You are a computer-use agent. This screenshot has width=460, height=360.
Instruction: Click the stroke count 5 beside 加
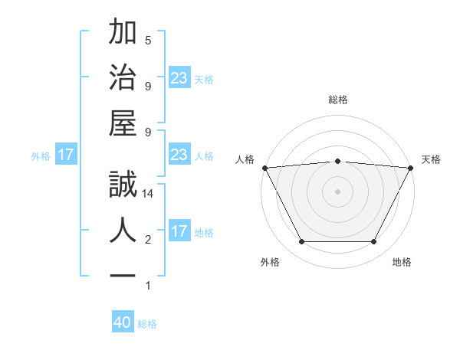coord(148,40)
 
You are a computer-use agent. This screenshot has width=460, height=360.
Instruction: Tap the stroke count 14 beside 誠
coord(149,194)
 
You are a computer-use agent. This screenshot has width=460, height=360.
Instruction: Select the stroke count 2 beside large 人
coord(148,240)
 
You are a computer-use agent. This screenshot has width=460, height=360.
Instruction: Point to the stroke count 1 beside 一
coord(148,286)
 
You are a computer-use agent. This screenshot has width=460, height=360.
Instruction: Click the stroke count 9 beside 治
coord(148,86)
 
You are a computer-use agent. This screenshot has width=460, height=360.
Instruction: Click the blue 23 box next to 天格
coord(179,78)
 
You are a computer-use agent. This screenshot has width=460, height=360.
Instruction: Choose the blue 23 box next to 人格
coord(179,155)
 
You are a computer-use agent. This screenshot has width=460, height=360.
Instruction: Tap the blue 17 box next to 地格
coord(179,231)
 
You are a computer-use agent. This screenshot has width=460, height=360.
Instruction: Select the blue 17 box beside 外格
coord(66,155)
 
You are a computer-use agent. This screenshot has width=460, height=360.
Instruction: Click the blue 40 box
coord(123,322)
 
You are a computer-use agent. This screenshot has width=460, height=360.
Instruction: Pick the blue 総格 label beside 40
coord(147,324)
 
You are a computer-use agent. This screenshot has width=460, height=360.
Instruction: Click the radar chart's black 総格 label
coord(337,100)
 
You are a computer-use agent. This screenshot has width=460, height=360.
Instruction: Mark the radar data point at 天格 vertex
coord(411,168)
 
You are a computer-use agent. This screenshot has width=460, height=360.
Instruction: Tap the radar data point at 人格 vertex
coord(264,168)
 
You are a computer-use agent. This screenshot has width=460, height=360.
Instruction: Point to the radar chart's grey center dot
coord(337,191)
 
